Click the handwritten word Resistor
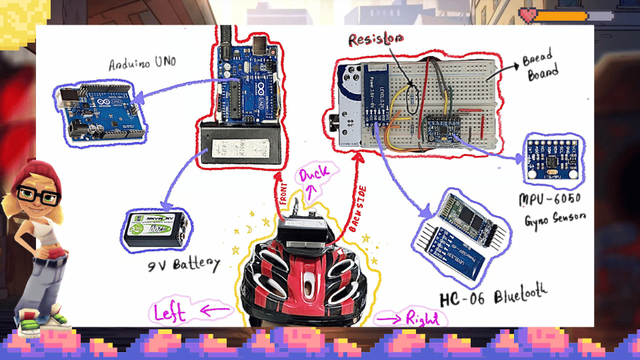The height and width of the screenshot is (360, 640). click(x=375, y=41)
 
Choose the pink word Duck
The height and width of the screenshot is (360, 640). click(x=314, y=176)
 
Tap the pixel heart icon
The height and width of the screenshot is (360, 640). click(x=528, y=14)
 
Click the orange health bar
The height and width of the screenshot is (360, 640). click(x=561, y=15)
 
